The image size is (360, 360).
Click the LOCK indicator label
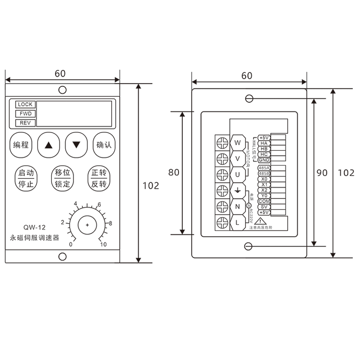pos(25,105)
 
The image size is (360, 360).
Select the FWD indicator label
pos(25,114)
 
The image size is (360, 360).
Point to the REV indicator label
pos(25,123)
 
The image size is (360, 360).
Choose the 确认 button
pos(104,144)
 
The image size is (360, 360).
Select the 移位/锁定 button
pos(62,178)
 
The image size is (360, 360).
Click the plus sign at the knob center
pos(87,225)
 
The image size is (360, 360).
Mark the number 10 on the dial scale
pos(103,245)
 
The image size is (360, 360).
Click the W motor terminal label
pos(237,143)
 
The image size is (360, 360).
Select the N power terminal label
pos(237,206)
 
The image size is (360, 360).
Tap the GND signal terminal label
pos(264,160)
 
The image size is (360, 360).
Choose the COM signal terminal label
pos(264,201)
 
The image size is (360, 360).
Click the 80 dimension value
pos(173,172)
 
